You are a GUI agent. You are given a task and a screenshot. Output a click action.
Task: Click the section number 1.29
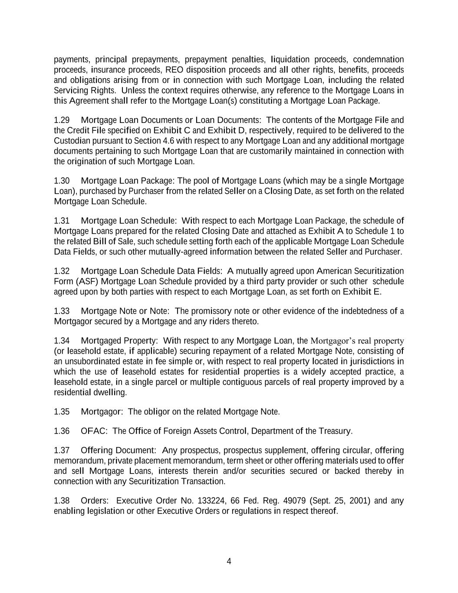coord(62,120)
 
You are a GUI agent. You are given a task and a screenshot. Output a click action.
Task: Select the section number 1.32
coord(62,271)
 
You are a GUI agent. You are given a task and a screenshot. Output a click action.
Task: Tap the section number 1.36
coord(62,431)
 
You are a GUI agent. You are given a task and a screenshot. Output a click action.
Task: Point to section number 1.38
coord(62,500)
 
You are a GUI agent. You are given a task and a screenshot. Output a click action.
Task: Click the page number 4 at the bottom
coord(229,561)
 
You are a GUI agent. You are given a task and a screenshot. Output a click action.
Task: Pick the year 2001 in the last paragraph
coord(359,500)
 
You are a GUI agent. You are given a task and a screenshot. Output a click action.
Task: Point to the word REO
coord(174,70)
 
